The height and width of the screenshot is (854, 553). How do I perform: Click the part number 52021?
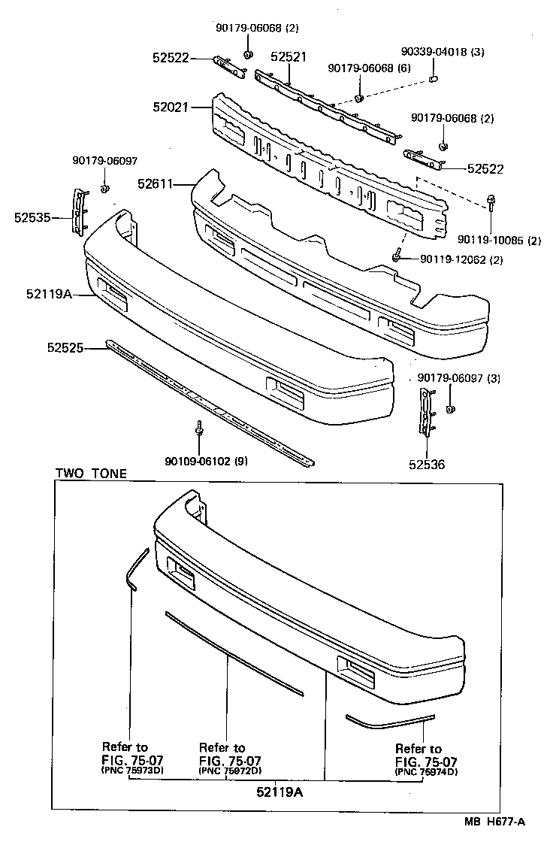tap(172, 108)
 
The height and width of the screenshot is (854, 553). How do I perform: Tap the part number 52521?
tap(289, 56)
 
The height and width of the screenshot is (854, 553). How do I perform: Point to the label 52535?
tap(32, 218)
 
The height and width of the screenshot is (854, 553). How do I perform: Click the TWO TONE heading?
tap(91, 474)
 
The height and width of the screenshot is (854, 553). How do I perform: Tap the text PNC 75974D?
tap(427, 772)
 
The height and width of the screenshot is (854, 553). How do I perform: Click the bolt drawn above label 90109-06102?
tap(198, 428)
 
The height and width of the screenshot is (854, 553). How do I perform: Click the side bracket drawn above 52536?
tap(425, 413)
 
